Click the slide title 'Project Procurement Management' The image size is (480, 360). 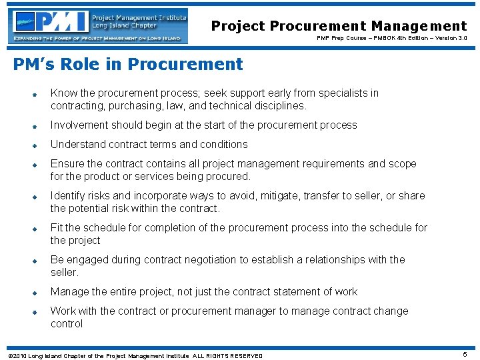point(339,26)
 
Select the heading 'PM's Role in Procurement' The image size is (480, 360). point(128,65)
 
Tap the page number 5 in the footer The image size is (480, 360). point(465,355)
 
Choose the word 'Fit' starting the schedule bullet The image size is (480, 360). point(57,227)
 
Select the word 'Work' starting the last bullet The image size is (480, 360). point(63,311)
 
